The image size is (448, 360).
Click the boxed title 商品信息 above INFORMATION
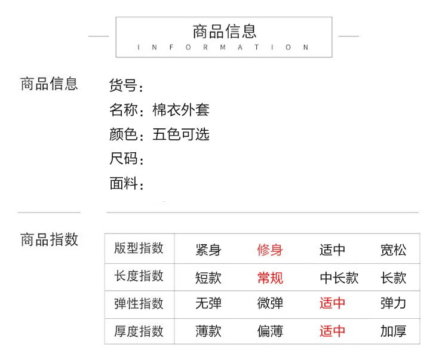point(224,32)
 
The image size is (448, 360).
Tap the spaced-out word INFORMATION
point(223,47)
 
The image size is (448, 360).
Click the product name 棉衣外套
point(181,110)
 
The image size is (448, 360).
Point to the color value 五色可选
point(181,134)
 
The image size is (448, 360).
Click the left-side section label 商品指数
point(49,239)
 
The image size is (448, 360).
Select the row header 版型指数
point(139,248)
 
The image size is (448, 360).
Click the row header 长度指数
point(139,276)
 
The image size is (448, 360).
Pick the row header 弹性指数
point(139,303)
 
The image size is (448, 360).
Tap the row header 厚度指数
point(139,331)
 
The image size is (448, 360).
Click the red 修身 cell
point(270,250)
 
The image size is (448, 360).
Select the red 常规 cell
point(270,278)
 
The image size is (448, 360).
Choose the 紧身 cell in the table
point(208,250)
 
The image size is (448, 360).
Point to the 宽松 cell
point(393,250)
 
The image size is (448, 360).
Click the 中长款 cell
point(339,278)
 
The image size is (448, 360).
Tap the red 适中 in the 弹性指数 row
point(332,303)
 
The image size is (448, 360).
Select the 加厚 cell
point(393,331)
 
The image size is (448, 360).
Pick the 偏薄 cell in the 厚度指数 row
point(270,331)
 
